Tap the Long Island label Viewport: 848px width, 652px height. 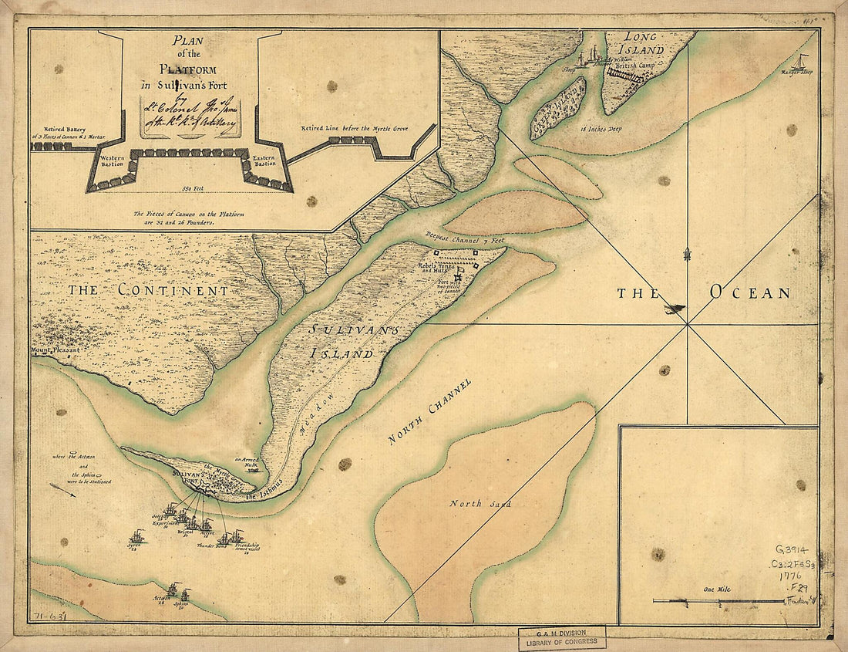644,43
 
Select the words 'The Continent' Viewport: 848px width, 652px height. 147,291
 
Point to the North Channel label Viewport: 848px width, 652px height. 429,411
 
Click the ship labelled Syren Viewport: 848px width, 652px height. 136,536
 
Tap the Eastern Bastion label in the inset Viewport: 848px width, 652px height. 263,160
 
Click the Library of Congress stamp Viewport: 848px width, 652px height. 561,638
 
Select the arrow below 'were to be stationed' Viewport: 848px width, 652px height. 62,490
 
